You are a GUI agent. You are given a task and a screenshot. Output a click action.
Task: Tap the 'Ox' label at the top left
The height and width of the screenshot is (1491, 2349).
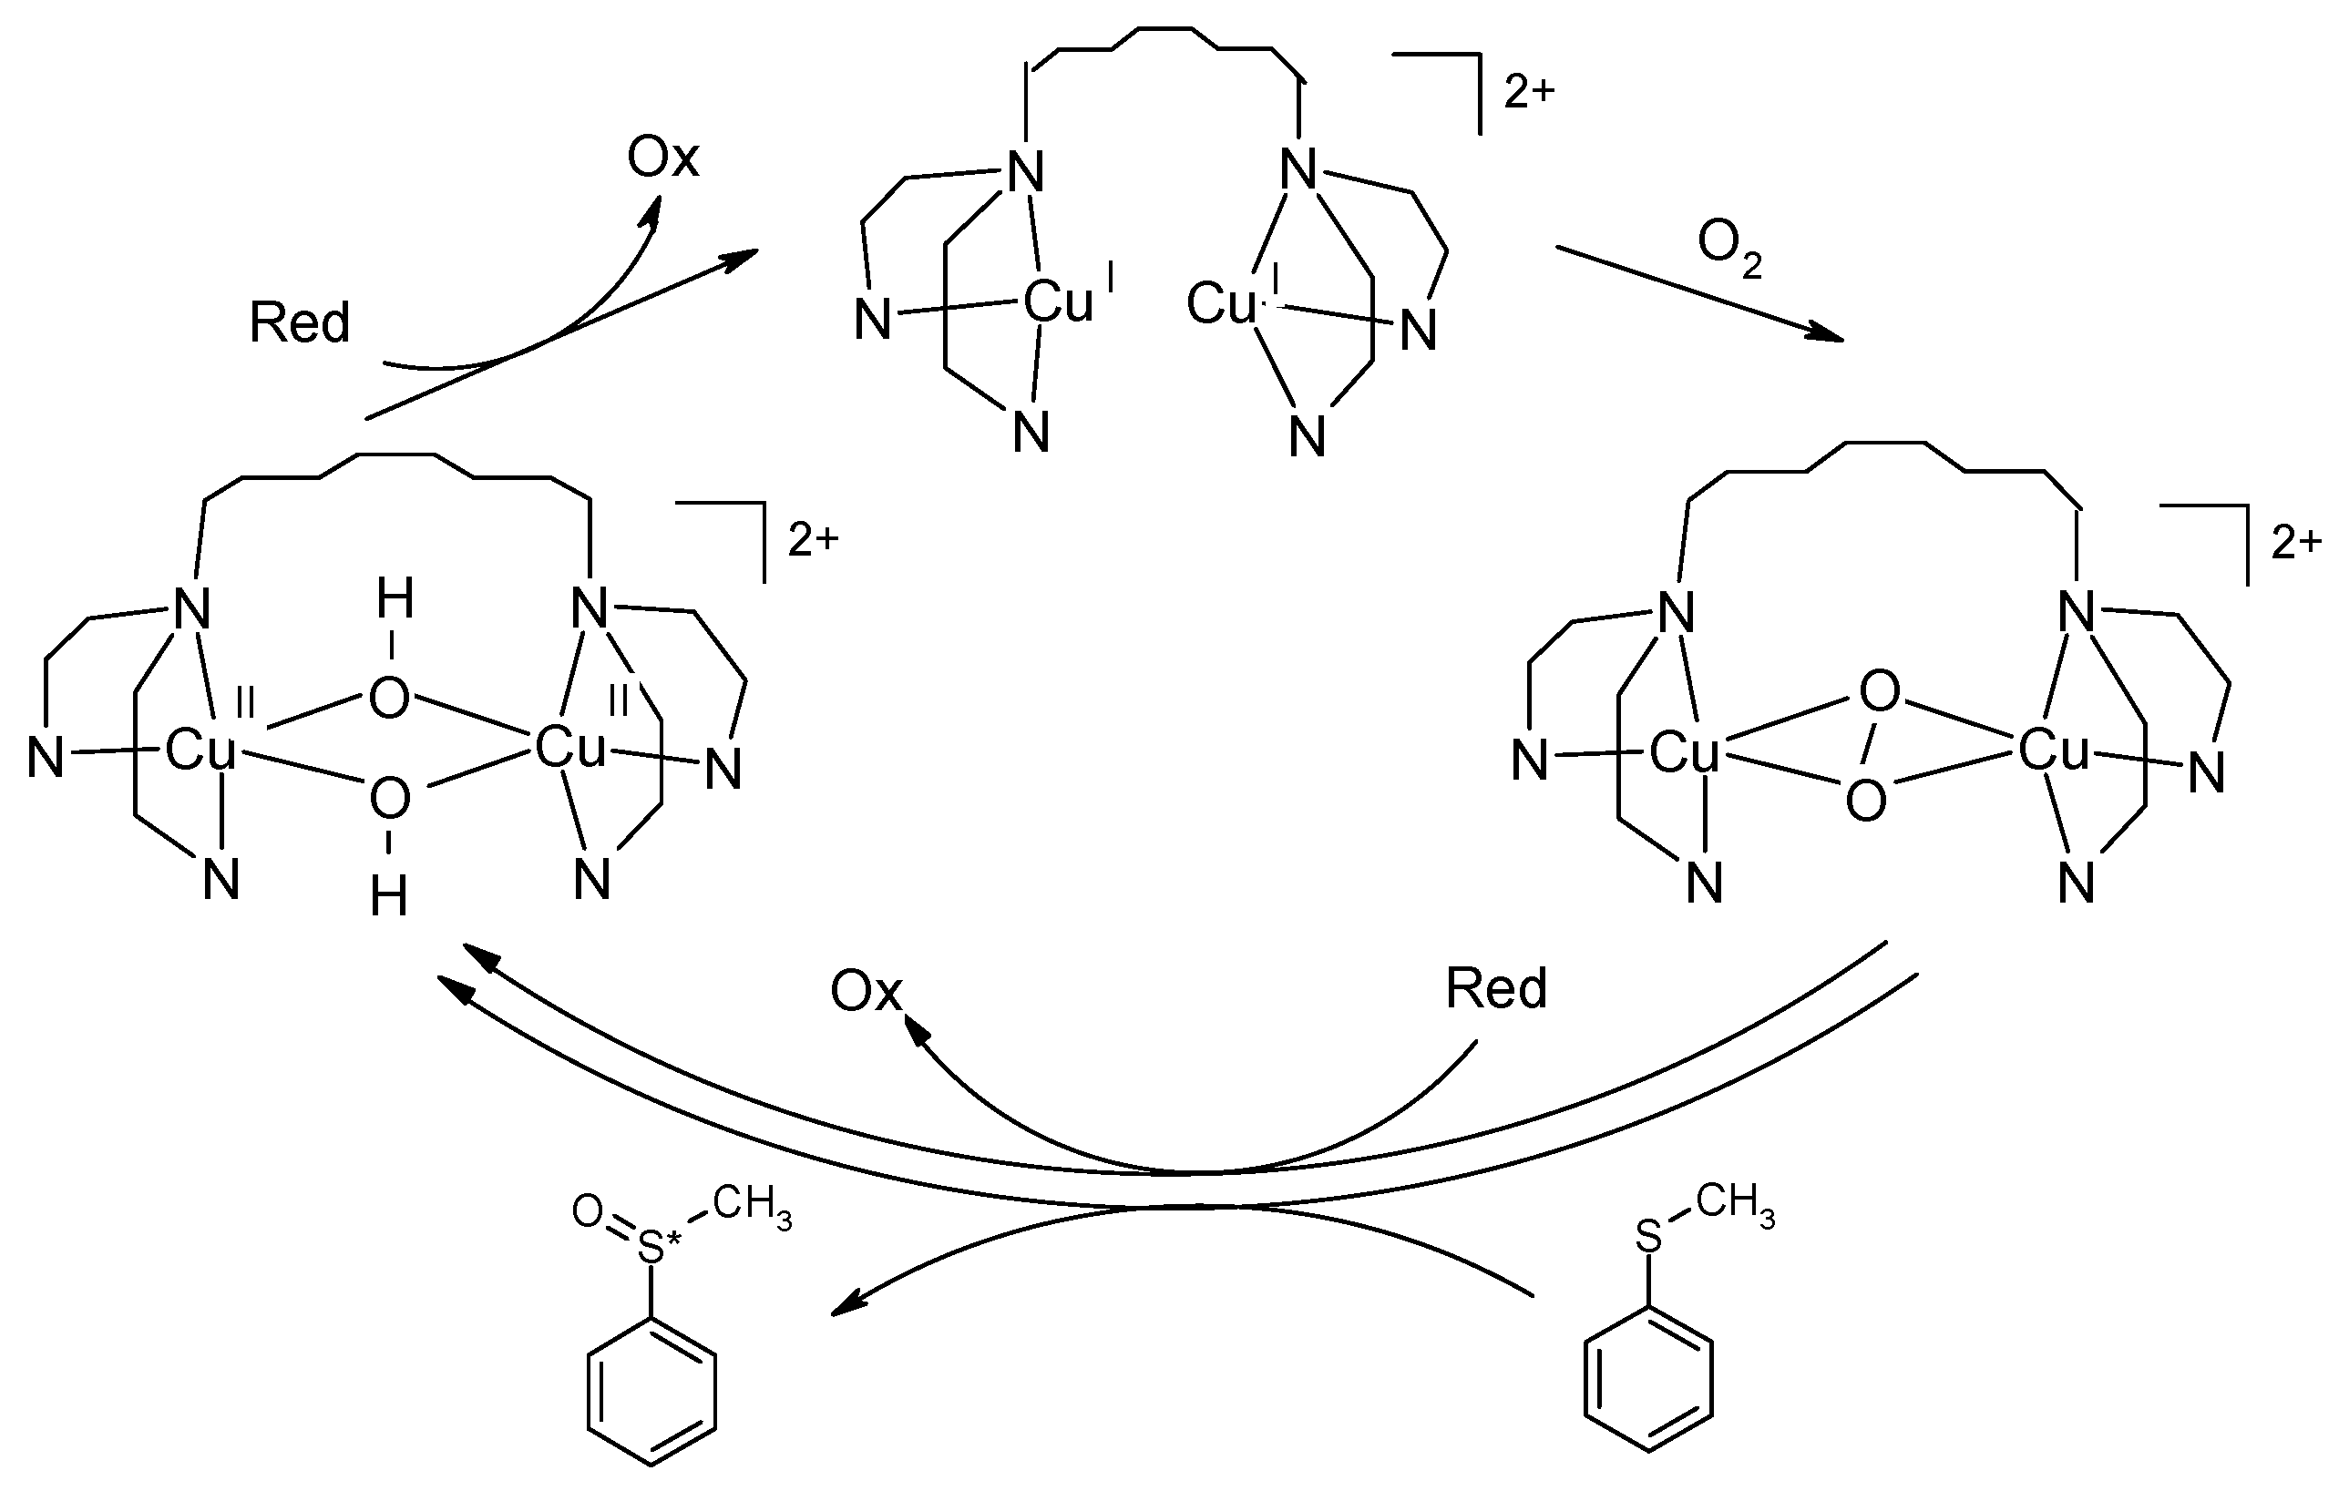coord(662,157)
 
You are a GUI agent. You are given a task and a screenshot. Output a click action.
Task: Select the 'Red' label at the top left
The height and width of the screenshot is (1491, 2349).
coord(300,322)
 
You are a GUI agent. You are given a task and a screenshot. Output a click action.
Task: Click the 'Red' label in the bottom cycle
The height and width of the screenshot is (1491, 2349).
coord(1495,988)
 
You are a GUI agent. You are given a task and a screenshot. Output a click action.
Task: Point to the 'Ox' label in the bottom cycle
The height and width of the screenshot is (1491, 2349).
coord(866,992)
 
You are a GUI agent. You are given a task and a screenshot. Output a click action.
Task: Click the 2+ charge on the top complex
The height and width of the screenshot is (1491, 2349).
coord(1529,92)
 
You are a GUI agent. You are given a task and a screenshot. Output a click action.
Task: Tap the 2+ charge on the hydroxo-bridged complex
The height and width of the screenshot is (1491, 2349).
coord(813,539)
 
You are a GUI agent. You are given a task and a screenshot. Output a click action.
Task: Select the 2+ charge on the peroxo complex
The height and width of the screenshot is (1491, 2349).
coord(2295,542)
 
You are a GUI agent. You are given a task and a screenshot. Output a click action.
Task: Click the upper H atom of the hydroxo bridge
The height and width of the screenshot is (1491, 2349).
coord(395,598)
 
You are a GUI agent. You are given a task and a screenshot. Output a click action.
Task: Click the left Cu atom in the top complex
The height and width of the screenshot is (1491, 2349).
coord(1059,303)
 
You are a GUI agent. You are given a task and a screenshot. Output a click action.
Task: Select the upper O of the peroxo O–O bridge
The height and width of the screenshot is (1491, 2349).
coord(1879,691)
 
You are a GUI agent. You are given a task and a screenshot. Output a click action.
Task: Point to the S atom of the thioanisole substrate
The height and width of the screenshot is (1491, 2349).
coord(1647,1238)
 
